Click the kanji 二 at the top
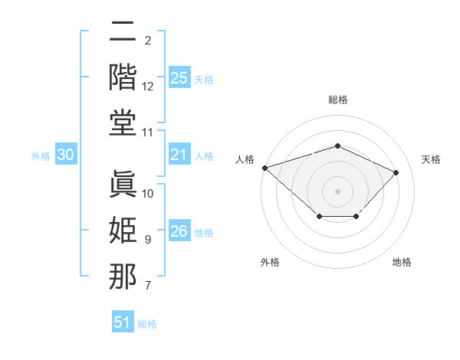pyautogui.click(x=123, y=31)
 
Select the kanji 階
pyautogui.click(x=123, y=77)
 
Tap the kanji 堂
pyautogui.click(x=123, y=123)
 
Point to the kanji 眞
pyautogui.click(x=123, y=184)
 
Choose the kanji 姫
pyautogui.click(x=123, y=230)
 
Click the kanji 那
pyautogui.click(x=123, y=276)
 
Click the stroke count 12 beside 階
pyautogui.click(x=147, y=87)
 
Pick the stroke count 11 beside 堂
pyautogui.click(x=147, y=133)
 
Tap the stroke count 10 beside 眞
pyautogui.click(x=147, y=194)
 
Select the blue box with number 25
pyautogui.click(x=179, y=77)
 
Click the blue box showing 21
pyautogui.click(x=179, y=154)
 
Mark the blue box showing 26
pyautogui.click(x=179, y=230)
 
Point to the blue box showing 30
pyautogui.click(x=66, y=154)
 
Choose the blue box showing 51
pyautogui.click(x=123, y=321)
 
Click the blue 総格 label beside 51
pyautogui.click(x=147, y=324)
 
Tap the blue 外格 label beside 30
pyautogui.click(x=41, y=156)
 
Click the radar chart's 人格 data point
pyautogui.click(x=265, y=168)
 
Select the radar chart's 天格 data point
pyautogui.click(x=396, y=172)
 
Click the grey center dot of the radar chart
pyautogui.click(x=337, y=191)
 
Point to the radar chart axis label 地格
pyautogui.click(x=402, y=262)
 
